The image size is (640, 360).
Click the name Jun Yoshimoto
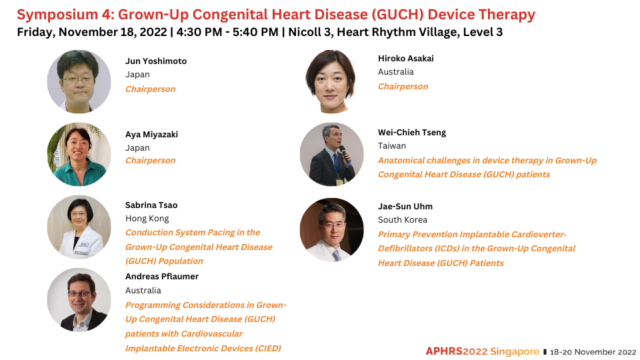click(156, 61)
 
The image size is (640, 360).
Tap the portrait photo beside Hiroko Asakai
click(331, 81)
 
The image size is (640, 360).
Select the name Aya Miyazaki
click(151, 135)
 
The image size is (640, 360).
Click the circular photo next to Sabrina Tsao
click(79, 227)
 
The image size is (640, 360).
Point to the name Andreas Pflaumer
click(162, 276)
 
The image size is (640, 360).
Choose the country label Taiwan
click(392, 146)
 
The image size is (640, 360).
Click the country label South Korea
click(403, 219)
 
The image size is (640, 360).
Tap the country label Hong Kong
click(147, 219)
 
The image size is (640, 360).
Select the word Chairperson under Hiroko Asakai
click(403, 87)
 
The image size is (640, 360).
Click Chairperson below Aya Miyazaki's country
click(150, 161)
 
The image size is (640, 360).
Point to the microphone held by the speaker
click(345, 155)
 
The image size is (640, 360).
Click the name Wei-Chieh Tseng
click(412, 133)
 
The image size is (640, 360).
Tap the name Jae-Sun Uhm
click(405, 207)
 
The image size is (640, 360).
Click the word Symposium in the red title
click(57, 15)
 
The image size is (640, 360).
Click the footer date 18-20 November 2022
click(593, 352)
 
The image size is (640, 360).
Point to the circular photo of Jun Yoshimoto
click(79, 81)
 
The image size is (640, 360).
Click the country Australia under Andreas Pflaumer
click(143, 291)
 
